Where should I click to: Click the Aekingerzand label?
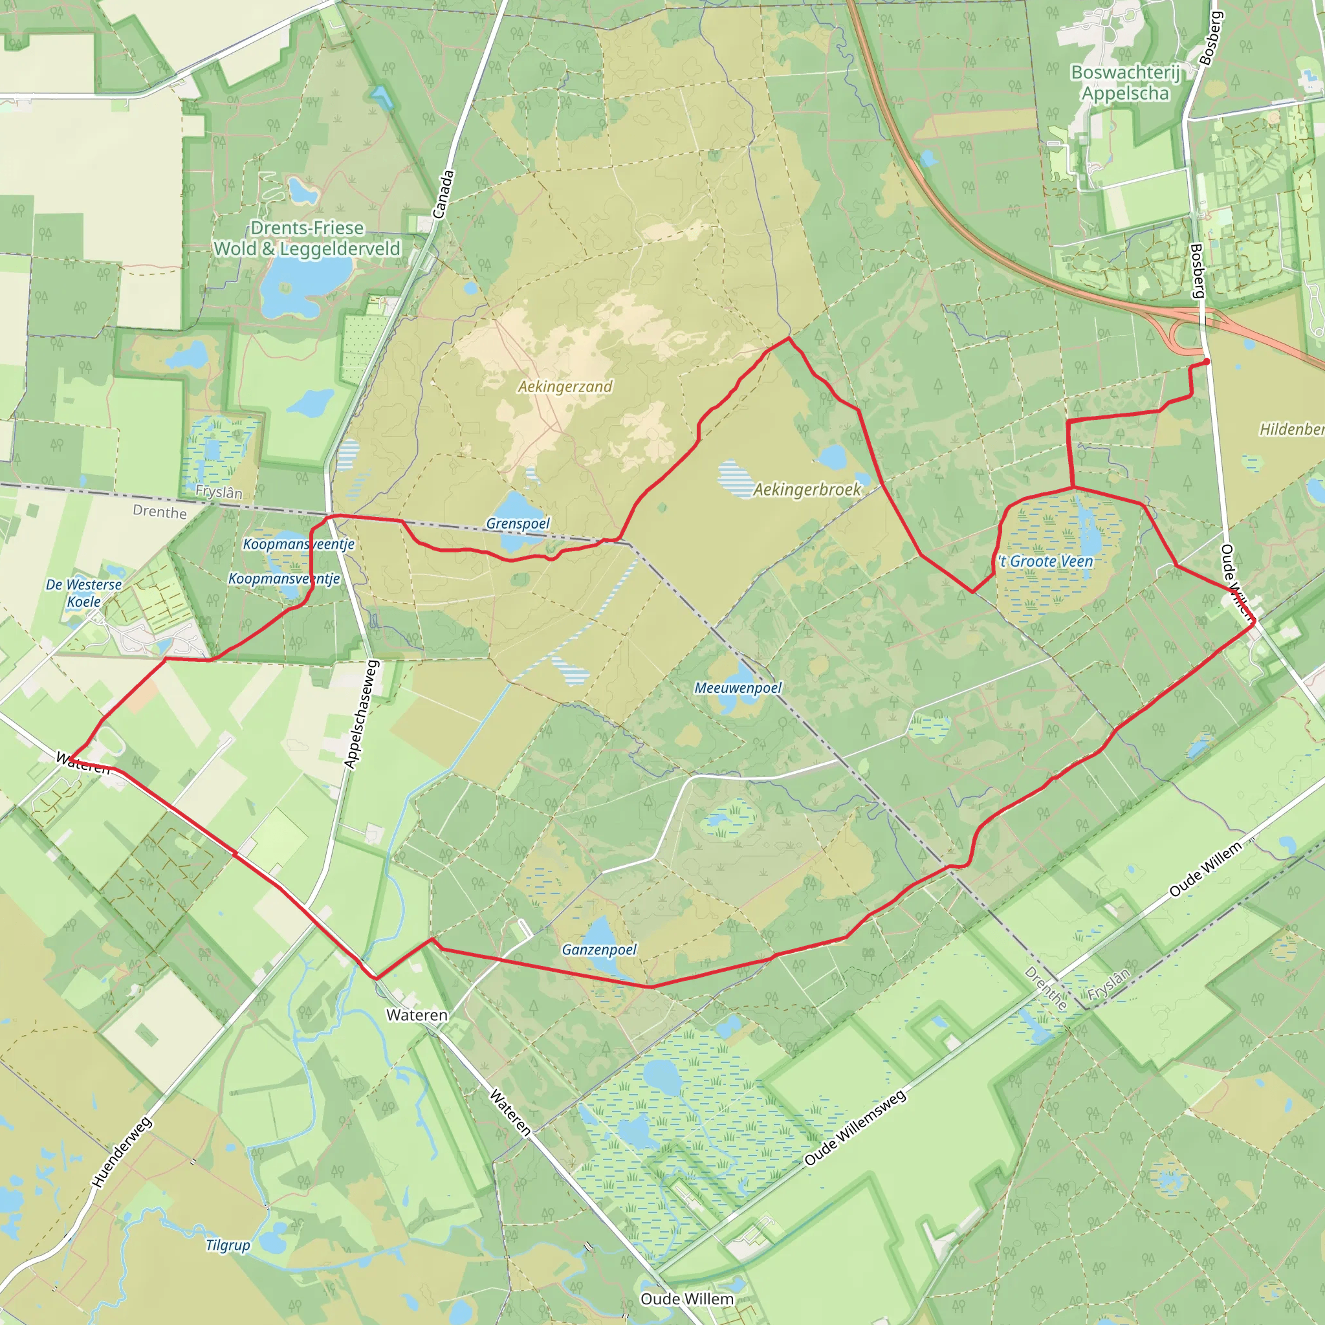[x=564, y=387]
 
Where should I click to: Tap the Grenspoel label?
[x=518, y=523]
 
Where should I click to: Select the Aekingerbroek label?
[x=807, y=490]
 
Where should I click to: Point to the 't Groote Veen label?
[x=1046, y=562]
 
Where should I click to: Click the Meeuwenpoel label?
[x=738, y=688]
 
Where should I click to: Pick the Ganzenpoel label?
[x=598, y=950]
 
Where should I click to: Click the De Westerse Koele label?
[x=83, y=593]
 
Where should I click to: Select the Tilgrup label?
[x=228, y=1245]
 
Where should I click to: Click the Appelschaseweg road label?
[x=362, y=714]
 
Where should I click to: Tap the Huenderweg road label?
[x=122, y=1153]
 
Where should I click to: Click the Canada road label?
[x=443, y=195]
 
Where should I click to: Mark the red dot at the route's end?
[x=1207, y=362]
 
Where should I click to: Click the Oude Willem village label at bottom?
[x=686, y=1299]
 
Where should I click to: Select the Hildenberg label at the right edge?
[x=1291, y=430]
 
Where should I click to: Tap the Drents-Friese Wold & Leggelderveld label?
[x=307, y=239]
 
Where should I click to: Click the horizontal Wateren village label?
[x=416, y=1015]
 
